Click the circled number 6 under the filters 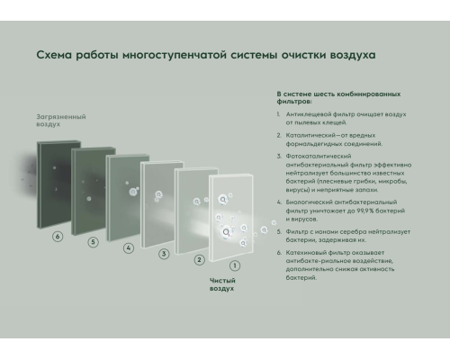point(58,237)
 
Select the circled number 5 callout point(93,242)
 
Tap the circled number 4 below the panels point(129,247)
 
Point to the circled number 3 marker point(164,254)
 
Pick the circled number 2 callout point(200,260)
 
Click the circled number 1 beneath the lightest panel point(235,266)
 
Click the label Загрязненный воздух point(61,121)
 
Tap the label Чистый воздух point(222,284)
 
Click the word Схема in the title point(55,56)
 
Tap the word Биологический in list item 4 point(310,203)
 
